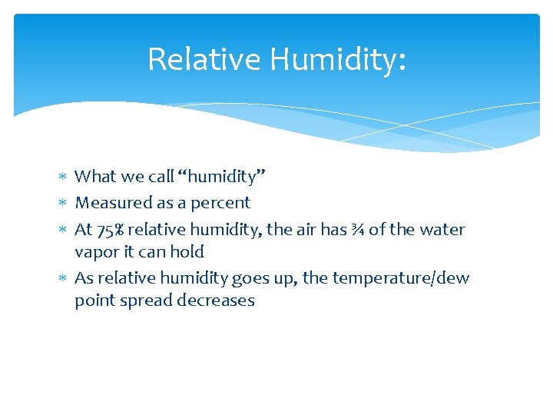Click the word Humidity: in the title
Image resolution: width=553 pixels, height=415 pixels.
click(333, 59)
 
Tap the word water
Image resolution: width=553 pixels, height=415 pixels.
click(441, 229)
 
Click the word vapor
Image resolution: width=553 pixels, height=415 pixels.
click(94, 252)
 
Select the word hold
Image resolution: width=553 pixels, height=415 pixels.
click(187, 252)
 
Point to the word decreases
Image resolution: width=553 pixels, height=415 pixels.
click(216, 300)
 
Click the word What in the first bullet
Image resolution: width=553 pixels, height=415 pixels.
click(94, 177)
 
